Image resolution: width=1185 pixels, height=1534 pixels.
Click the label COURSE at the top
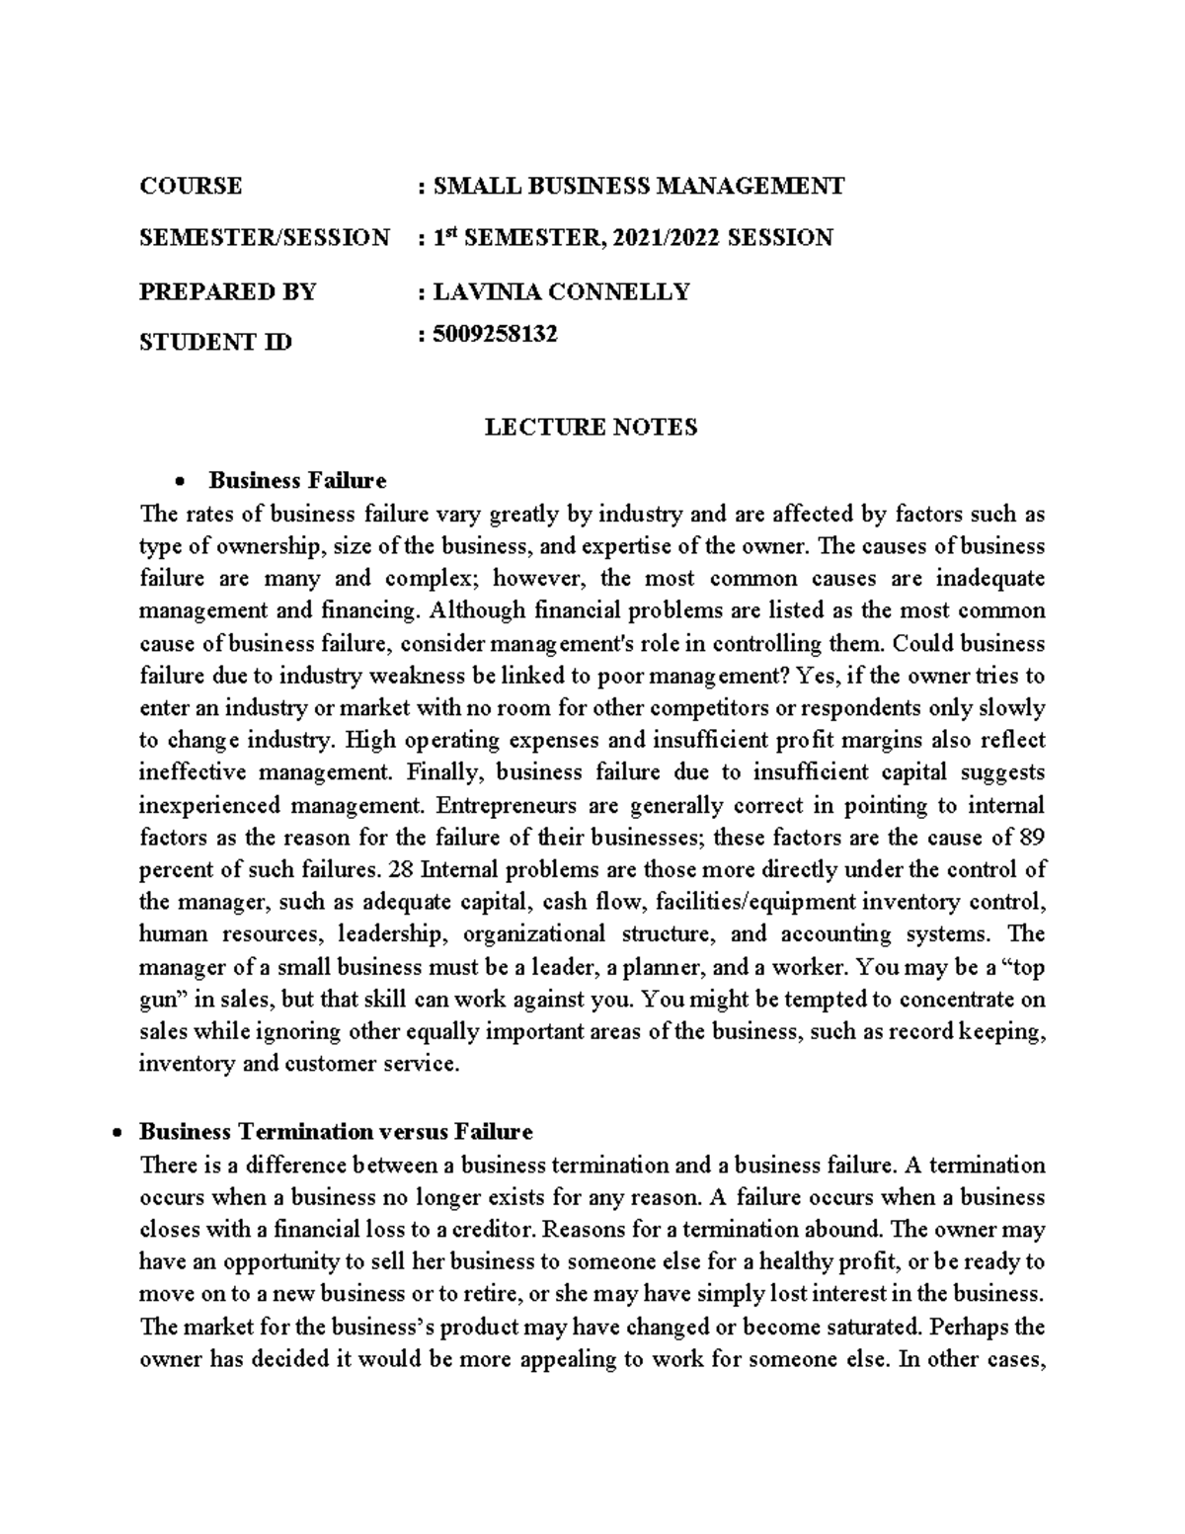click(x=190, y=186)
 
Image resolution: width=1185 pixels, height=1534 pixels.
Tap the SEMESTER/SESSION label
click(x=264, y=238)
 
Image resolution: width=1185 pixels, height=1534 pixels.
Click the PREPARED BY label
click(x=227, y=291)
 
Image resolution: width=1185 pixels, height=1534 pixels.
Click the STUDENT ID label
click(x=215, y=343)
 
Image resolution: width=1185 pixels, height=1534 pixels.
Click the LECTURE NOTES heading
click(x=591, y=427)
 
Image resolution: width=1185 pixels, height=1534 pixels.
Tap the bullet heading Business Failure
click(x=297, y=481)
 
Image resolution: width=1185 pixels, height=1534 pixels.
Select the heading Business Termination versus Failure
click(x=336, y=1131)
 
